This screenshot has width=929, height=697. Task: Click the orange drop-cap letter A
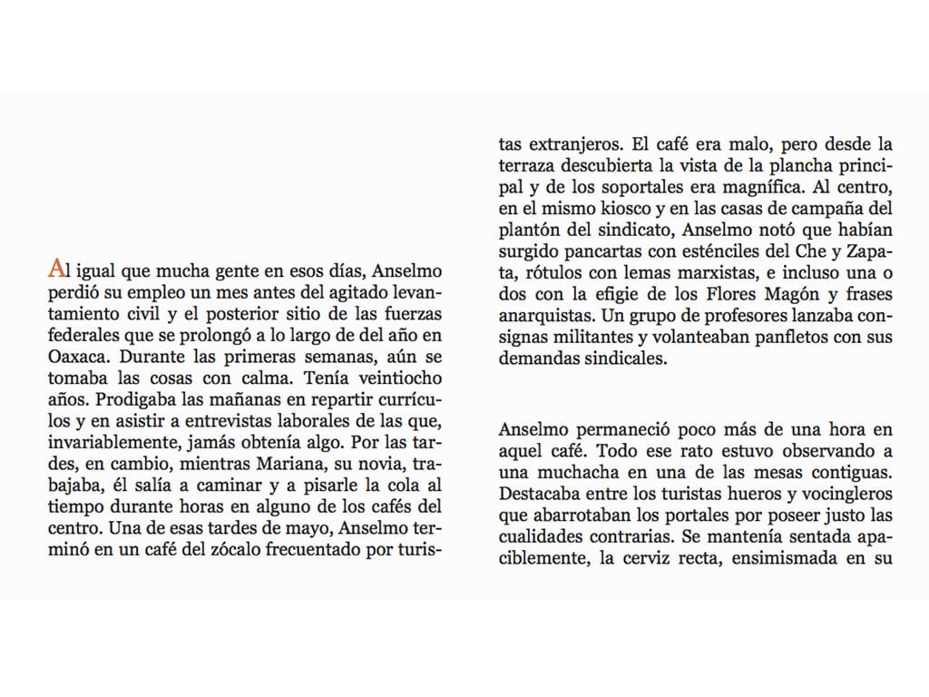tap(56, 269)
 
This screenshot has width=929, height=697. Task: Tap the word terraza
tap(527, 166)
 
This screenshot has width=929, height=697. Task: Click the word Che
tap(813, 253)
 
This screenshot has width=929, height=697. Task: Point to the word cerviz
tap(655, 559)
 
